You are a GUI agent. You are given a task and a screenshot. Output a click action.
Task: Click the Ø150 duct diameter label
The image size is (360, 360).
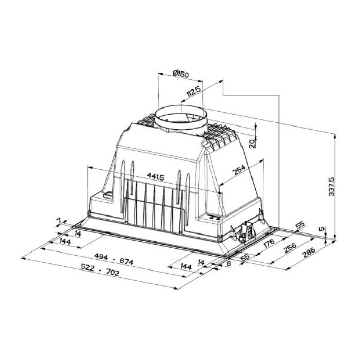click(181, 74)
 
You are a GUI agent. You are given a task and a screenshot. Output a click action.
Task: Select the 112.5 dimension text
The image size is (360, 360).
click(193, 93)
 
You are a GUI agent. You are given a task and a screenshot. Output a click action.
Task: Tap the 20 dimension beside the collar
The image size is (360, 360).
click(251, 142)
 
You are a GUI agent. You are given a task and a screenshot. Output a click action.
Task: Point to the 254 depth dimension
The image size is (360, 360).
click(238, 171)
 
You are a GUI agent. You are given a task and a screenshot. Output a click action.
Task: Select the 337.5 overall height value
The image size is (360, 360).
click(331, 186)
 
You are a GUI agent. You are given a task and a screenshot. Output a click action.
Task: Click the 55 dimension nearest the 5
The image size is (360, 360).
click(300, 225)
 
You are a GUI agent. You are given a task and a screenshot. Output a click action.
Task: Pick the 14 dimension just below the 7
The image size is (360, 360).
click(78, 233)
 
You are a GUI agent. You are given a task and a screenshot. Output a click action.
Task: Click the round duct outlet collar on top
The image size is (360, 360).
click(181, 119)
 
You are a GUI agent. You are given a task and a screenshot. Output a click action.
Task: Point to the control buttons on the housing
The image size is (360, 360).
click(215, 218)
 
